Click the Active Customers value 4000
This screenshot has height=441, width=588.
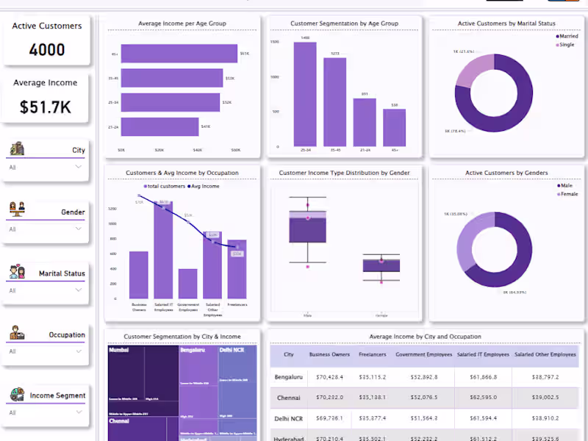pyautogui.click(x=47, y=50)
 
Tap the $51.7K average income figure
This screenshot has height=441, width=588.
pyautogui.click(x=46, y=107)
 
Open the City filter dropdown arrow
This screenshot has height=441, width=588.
pyautogui.click(x=79, y=167)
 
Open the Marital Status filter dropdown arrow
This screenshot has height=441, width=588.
pyautogui.click(x=79, y=290)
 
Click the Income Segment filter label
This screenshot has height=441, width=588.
pyautogui.click(x=57, y=395)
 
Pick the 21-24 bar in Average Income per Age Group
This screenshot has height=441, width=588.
pyautogui.click(x=159, y=126)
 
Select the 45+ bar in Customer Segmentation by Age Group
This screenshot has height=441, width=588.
pyautogui.click(x=395, y=128)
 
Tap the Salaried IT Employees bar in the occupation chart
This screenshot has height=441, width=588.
pyautogui.click(x=163, y=250)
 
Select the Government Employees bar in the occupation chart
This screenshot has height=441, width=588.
pyautogui.click(x=187, y=284)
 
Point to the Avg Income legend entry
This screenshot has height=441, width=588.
pyautogui.click(x=205, y=186)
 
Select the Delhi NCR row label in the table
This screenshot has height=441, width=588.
pyautogui.click(x=289, y=417)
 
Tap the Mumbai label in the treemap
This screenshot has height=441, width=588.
pyautogui.click(x=118, y=351)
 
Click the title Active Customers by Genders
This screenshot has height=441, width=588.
pyautogui.click(x=506, y=173)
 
